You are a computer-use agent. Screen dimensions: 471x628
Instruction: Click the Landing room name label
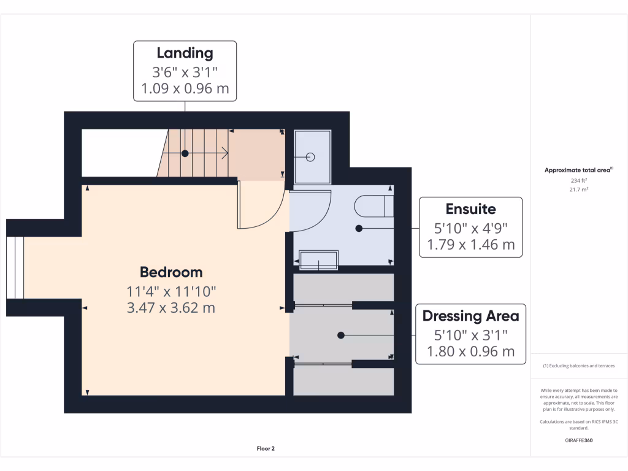pyautogui.click(x=185, y=53)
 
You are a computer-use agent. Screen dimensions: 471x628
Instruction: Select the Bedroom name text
pyautogui.click(x=171, y=272)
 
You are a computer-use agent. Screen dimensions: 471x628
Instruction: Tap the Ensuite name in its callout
pyautogui.click(x=470, y=209)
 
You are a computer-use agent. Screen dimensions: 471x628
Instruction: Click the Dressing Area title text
pyautogui.click(x=470, y=316)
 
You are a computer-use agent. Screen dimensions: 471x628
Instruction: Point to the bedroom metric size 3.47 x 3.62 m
pyautogui.click(x=171, y=307)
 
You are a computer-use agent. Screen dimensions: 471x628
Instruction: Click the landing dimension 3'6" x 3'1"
pyautogui.click(x=185, y=71)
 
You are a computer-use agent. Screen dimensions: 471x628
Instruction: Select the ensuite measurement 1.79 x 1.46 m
pyautogui.click(x=470, y=245)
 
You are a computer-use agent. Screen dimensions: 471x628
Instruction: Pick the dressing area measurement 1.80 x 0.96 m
pyautogui.click(x=470, y=351)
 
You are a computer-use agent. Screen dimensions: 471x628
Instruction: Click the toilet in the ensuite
pyautogui.click(x=374, y=206)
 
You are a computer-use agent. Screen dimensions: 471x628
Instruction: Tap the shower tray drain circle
pyautogui.click(x=310, y=157)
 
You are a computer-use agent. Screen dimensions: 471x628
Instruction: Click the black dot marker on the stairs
pyautogui.click(x=184, y=153)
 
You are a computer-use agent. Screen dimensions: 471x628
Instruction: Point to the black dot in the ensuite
pyautogui.click(x=359, y=228)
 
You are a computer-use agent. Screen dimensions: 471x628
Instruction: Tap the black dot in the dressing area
pyautogui.click(x=340, y=335)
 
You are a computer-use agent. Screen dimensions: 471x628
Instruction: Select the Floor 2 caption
pyautogui.click(x=266, y=448)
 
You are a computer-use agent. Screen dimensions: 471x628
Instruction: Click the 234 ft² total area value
pyautogui.click(x=579, y=181)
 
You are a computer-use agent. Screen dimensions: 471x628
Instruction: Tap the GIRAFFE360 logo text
pyautogui.click(x=579, y=440)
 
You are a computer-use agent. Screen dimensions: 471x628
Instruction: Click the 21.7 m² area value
pyautogui.click(x=579, y=190)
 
